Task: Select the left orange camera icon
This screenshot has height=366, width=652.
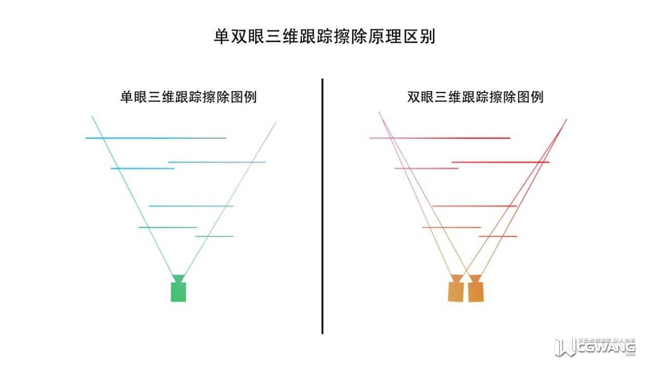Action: click(455, 291)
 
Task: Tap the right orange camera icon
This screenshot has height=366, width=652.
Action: click(476, 291)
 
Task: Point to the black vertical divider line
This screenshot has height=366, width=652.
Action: click(322, 208)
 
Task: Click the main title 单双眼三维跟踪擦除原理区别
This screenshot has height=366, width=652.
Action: click(324, 37)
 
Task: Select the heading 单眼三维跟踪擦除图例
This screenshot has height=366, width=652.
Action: click(188, 97)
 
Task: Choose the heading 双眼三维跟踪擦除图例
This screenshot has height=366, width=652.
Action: click(475, 97)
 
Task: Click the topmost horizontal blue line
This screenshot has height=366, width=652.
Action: click(156, 138)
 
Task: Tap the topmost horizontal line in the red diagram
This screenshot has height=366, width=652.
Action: click(440, 138)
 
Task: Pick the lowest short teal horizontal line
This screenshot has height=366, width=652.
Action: click(214, 237)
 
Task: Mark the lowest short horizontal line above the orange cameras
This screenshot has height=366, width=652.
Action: click(498, 237)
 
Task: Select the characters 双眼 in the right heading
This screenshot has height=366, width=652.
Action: click(420, 97)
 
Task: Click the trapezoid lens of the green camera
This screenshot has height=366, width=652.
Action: click(178, 279)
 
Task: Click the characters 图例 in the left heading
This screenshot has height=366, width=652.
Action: click(243, 97)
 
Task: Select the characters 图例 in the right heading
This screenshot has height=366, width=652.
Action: click(530, 97)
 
